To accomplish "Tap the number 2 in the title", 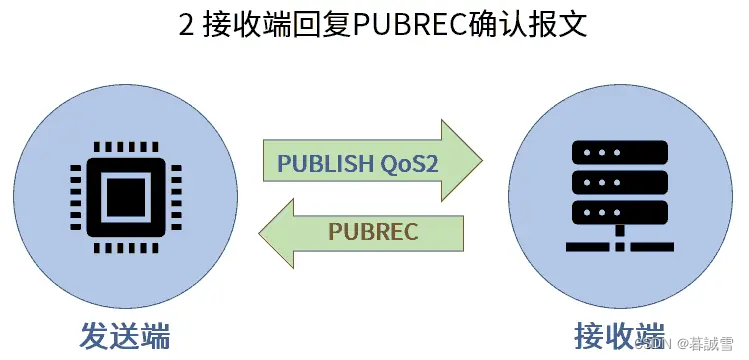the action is (186, 25).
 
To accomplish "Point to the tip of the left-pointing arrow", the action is (260, 233).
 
